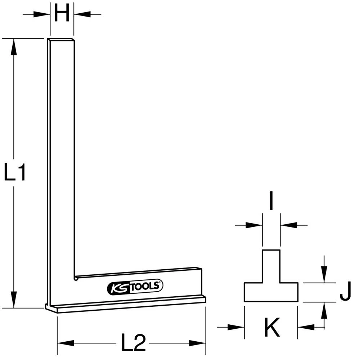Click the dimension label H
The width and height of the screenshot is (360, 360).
pos(62,14)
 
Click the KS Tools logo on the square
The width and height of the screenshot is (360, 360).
pos(135,287)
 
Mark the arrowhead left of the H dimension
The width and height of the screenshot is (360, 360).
pos(42,14)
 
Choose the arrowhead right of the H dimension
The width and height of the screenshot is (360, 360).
pos(81,14)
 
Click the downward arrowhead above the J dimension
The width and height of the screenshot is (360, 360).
pos(324,276)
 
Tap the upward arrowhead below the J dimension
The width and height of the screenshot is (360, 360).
pos(324,310)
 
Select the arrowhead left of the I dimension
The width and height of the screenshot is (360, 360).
pos(254,225)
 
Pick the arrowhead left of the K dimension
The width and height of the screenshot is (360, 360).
pos(236,327)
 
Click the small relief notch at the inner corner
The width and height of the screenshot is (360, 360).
pos(76,278)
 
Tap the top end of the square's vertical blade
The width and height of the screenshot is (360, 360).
pos(61,40)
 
